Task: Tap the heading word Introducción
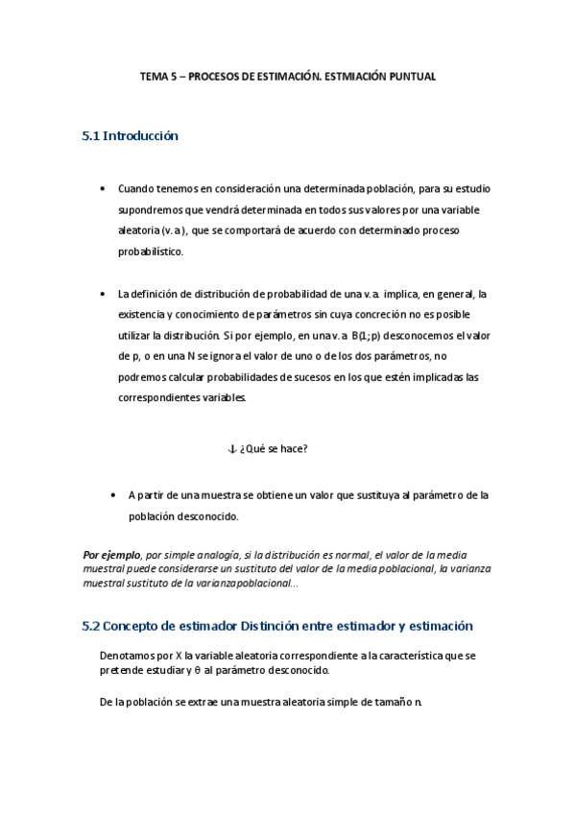click(x=140, y=136)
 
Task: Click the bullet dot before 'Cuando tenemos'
click(x=102, y=189)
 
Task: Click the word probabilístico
click(x=151, y=252)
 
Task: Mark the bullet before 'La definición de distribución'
click(x=102, y=294)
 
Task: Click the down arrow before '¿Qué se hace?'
click(x=231, y=449)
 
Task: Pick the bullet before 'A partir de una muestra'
click(x=114, y=495)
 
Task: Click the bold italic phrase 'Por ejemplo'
click(x=110, y=554)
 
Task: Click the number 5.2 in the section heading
click(x=91, y=626)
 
